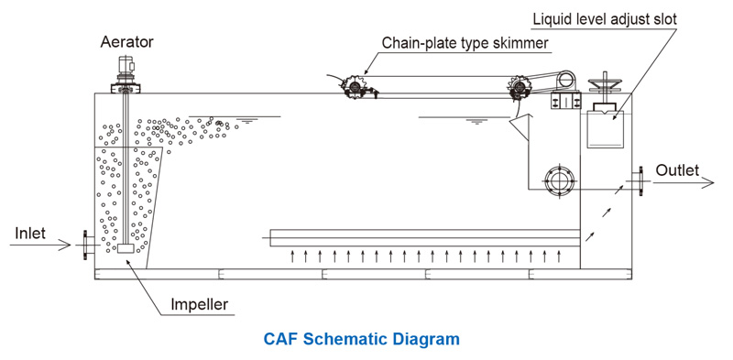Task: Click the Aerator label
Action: (x=126, y=42)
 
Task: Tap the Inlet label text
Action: (x=30, y=233)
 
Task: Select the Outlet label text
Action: (x=677, y=170)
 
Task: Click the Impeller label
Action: (x=199, y=304)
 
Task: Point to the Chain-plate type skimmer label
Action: (x=465, y=43)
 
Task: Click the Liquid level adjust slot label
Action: (x=605, y=19)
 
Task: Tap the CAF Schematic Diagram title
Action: (x=361, y=339)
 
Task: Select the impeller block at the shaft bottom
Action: (x=126, y=249)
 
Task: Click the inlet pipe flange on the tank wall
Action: (x=86, y=245)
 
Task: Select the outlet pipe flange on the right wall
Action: (x=639, y=180)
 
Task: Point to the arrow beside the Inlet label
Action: (x=40, y=245)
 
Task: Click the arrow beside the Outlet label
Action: (x=684, y=182)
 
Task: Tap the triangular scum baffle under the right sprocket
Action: (x=520, y=128)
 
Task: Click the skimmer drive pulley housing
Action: (x=564, y=82)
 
